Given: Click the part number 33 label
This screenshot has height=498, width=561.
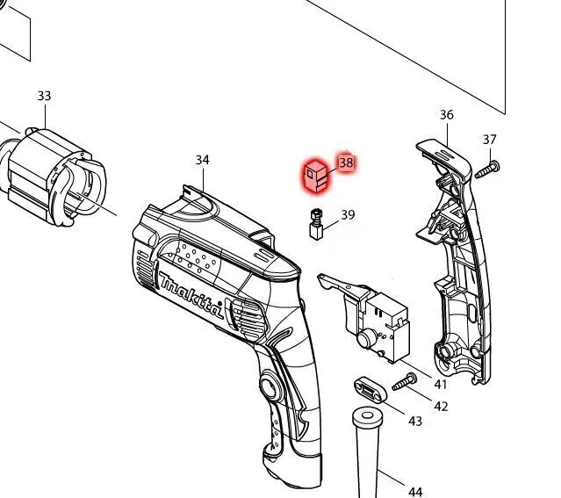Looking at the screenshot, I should pyautogui.click(x=44, y=96).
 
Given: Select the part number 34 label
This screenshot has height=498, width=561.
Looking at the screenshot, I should pyautogui.click(x=203, y=160).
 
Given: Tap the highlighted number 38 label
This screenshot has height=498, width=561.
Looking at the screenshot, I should pyautogui.click(x=346, y=162).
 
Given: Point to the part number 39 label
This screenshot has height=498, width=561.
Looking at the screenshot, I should pyautogui.click(x=348, y=214).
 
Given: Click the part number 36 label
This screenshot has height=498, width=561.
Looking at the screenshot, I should pyautogui.click(x=447, y=115).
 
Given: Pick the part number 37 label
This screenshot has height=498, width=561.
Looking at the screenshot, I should pyautogui.click(x=490, y=140).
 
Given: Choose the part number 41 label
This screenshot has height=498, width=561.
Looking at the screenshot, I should pyautogui.click(x=441, y=385).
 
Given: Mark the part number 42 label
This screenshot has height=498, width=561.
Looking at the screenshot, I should pyautogui.click(x=441, y=406).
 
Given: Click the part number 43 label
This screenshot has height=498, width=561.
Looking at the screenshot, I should pyautogui.click(x=414, y=422).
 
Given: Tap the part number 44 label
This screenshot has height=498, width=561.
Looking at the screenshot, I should pyautogui.click(x=415, y=491).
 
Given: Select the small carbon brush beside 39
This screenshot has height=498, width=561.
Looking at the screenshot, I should pyautogui.click(x=316, y=225).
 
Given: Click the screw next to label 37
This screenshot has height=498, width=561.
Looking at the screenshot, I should pyautogui.click(x=487, y=170).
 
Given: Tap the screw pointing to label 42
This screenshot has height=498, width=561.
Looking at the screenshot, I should pyautogui.click(x=403, y=383).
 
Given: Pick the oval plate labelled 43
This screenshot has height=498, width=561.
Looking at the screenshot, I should pyautogui.click(x=369, y=387).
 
